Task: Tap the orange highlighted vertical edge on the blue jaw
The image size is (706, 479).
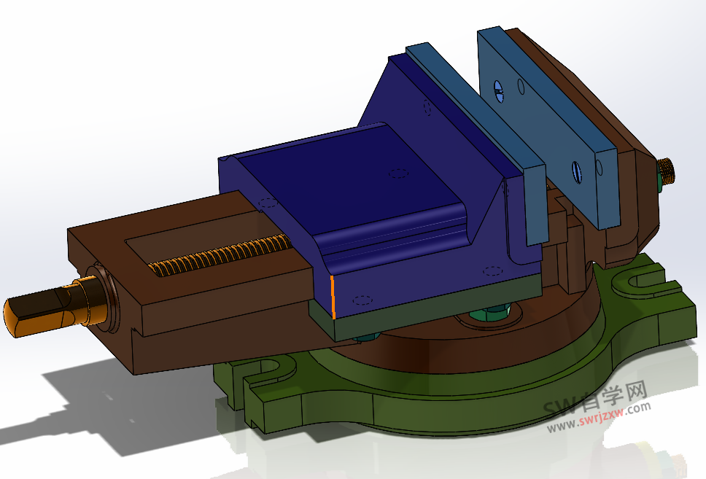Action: click(x=333, y=297)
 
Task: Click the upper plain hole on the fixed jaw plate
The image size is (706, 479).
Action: click(x=521, y=87)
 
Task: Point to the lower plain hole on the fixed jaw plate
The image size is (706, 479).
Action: click(x=599, y=167)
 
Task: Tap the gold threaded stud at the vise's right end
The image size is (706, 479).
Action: click(x=668, y=171)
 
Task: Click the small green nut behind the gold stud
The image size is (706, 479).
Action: click(x=659, y=179)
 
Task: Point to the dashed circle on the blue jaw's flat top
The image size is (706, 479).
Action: click(x=397, y=174)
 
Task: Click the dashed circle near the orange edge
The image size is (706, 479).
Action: click(x=362, y=300)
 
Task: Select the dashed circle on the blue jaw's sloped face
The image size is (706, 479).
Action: click(x=427, y=107)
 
